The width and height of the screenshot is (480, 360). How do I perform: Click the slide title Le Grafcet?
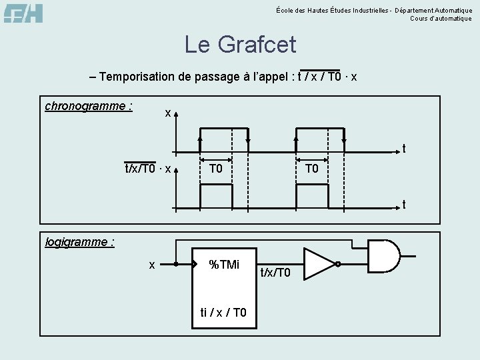pyautogui.click(x=240, y=45)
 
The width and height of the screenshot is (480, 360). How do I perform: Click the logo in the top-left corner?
pyautogui.click(x=23, y=13)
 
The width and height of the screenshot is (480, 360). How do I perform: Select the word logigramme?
pyautogui.click(x=79, y=242)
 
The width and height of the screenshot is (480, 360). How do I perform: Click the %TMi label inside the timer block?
pyautogui.click(x=223, y=265)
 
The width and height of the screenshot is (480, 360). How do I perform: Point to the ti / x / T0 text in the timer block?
pyautogui.click(x=223, y=313)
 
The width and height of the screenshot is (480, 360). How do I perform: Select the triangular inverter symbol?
pyautogui.click(x=319, y=264)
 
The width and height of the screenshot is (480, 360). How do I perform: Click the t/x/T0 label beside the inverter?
pyautogui.click(x=275, y=272)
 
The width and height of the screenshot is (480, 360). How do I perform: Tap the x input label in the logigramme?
pyautogui.click(x=152, y=265)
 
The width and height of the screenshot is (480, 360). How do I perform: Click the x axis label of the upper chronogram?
pyautogui.click(x=168, y=113)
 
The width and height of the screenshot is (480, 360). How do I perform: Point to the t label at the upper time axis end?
pyautogui.click(x=404, y=149)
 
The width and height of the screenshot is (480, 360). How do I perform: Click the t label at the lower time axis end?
pyautogui.click(x=404, y=205)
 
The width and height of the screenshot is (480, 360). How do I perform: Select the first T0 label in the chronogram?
pyautogui.click(x=215, y=169)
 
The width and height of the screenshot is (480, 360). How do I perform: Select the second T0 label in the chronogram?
pyautogui.click(x=311, y=169)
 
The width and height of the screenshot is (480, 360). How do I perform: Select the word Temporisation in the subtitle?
pyautogui.click(x=137, y=77)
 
